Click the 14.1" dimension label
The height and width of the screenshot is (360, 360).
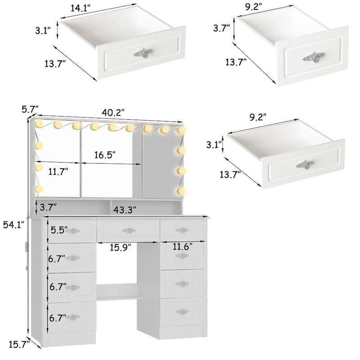coord(80,8)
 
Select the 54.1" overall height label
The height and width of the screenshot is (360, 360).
coord(13,225)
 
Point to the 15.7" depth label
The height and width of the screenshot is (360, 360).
coord(19,344)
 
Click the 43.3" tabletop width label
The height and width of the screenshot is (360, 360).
coord(125,210)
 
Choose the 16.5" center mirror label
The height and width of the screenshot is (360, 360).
coord(105,155)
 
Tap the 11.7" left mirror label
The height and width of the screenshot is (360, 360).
coord(58,172)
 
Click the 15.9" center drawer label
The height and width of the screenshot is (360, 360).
coord(120,247)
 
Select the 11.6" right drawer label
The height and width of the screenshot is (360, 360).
coord(183,247)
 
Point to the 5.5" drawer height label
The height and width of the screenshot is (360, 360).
coord(59,230)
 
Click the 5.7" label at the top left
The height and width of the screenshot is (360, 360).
coord(30,109)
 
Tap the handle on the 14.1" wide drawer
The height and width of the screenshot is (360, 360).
coord(143,53)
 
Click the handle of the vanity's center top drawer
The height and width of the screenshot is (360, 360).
coord(129,230)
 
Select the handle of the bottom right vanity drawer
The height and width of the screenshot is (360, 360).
coord(182,311)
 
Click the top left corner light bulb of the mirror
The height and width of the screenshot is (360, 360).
coord(39,124)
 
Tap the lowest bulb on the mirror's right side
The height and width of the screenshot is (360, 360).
coord(181,191)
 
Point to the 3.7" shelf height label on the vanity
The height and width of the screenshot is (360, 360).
coord(48,207)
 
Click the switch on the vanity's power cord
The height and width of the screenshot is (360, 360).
coord(26,246)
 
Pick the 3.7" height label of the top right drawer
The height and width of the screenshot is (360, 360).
coord(221,28)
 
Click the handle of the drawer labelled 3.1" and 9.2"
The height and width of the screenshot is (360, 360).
coord(305,165)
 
